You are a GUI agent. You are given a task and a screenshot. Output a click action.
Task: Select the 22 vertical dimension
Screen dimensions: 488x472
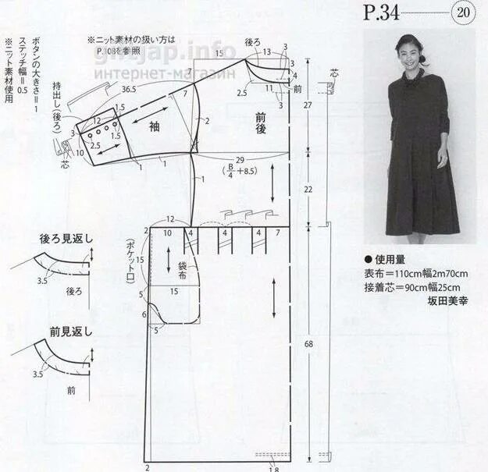tap(308, 190)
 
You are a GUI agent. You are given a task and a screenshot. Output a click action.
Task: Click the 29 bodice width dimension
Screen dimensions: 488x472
tap(240, 159)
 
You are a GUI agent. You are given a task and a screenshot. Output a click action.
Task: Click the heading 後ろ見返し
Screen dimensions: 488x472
tap(66, 238)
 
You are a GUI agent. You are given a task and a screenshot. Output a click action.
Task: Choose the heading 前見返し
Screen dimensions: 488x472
tap(66, 331)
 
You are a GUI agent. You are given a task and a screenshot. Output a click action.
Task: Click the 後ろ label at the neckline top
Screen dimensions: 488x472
tap(252, 41)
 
